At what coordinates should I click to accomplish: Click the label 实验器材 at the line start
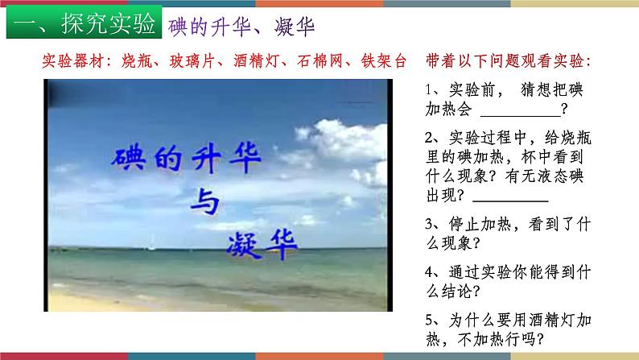click(x=68, y=61)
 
